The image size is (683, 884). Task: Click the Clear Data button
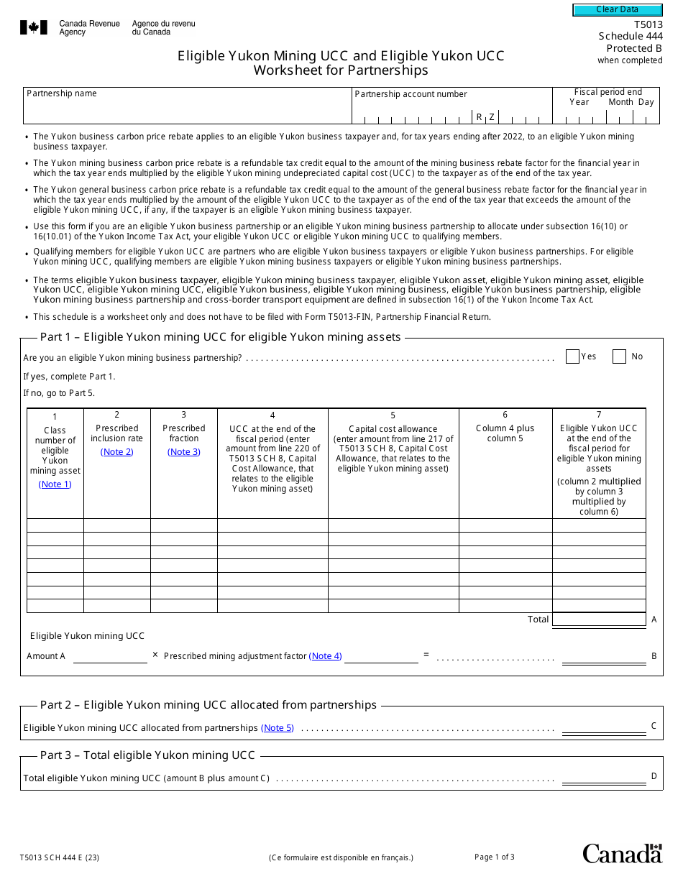tap(617, 10)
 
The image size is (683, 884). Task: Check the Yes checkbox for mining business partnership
tap(572, 356)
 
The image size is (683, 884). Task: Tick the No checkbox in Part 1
tap(619, 356)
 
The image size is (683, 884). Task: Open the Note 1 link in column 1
tap(55, 484)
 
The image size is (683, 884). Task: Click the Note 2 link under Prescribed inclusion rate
tap(116, 452)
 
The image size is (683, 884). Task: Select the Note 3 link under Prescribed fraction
tap(183, 452)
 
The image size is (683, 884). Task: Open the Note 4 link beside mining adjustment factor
tap(325, 656)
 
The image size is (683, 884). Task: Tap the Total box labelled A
tap(599, 620)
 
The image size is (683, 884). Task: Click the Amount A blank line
tap(110, 656)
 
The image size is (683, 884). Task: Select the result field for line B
tap(603, 657)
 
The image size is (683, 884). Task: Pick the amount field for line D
tap(603, 777)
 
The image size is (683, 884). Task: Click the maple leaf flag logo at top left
tap(33, 28)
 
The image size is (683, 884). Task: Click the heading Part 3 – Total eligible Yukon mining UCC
tap(147, 755)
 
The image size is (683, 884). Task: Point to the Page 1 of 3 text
tap(495, 857)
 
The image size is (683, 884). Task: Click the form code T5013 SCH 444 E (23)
tap(60, 857)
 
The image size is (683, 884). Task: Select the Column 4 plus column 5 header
tap(505, 433)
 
